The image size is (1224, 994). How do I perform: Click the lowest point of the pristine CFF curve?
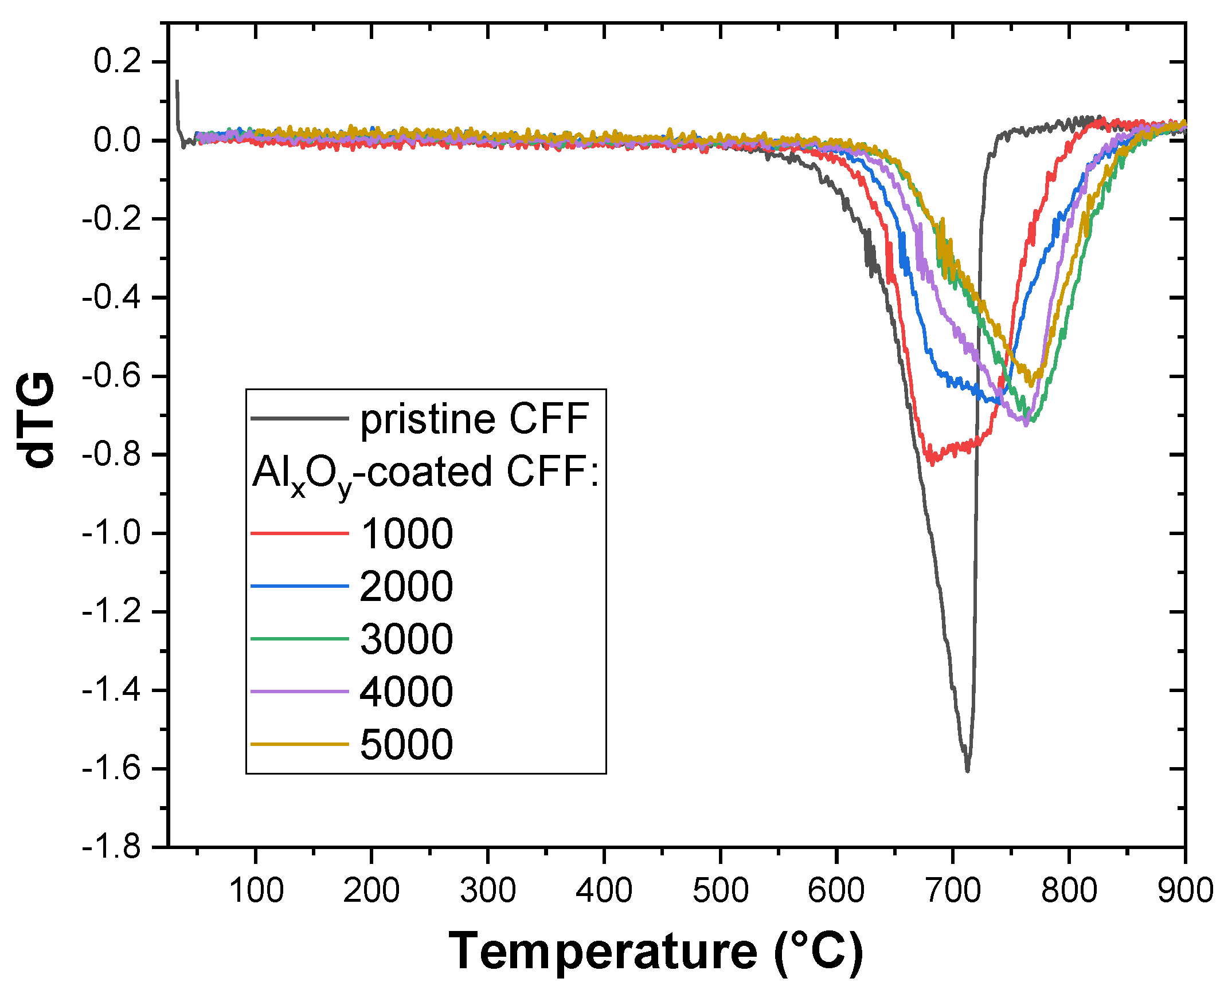(967, 771)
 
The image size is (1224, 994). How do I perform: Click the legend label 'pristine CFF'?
(474, 419)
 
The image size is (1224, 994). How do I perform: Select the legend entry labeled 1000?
(406, 533)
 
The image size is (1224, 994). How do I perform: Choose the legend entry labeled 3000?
(406, 639)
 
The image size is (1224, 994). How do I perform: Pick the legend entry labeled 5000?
(406, 744)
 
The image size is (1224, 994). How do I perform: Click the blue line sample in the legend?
(300, 586)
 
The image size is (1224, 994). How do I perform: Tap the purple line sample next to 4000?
(300, 692)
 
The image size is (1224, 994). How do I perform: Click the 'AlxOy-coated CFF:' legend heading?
(425, 473)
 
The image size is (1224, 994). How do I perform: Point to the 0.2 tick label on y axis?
(117, 61)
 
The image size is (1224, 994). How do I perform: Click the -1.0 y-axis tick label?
(111, 533)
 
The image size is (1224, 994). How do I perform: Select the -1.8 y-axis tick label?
(111, 847)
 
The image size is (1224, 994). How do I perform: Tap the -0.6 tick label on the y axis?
(111, 376)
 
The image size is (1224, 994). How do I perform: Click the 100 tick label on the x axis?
(256, 891)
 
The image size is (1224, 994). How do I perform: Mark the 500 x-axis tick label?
(720, 891)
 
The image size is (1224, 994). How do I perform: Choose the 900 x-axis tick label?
(1184, 891)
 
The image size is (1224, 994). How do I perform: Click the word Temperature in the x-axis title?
(602, 951)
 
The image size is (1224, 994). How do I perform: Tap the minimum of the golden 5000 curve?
(1032, 384)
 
